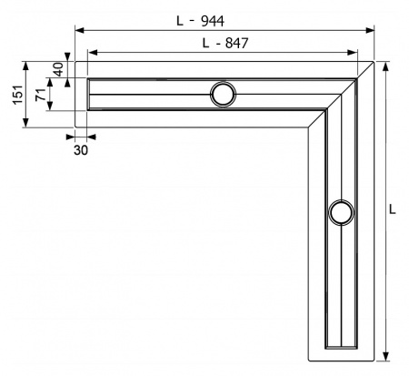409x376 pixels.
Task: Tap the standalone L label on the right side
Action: (x=393, y=208)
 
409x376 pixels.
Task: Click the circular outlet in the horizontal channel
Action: (x=223, y=93)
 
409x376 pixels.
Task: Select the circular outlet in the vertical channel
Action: (x=342, y=213)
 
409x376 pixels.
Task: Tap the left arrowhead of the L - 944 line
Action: (x=78, y=31)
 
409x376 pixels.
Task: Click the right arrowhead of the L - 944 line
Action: (x=372, y=31)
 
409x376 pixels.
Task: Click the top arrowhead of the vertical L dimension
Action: (x=387, y=66)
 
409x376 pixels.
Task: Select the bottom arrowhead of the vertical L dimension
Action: (x=387, y=357)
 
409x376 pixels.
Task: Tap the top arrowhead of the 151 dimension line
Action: (x=27, y=66)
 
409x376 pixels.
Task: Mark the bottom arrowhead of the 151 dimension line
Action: (x=27, y=125)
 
